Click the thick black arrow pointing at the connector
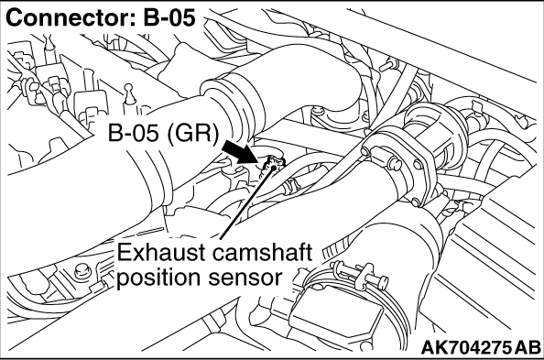point(245,152)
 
